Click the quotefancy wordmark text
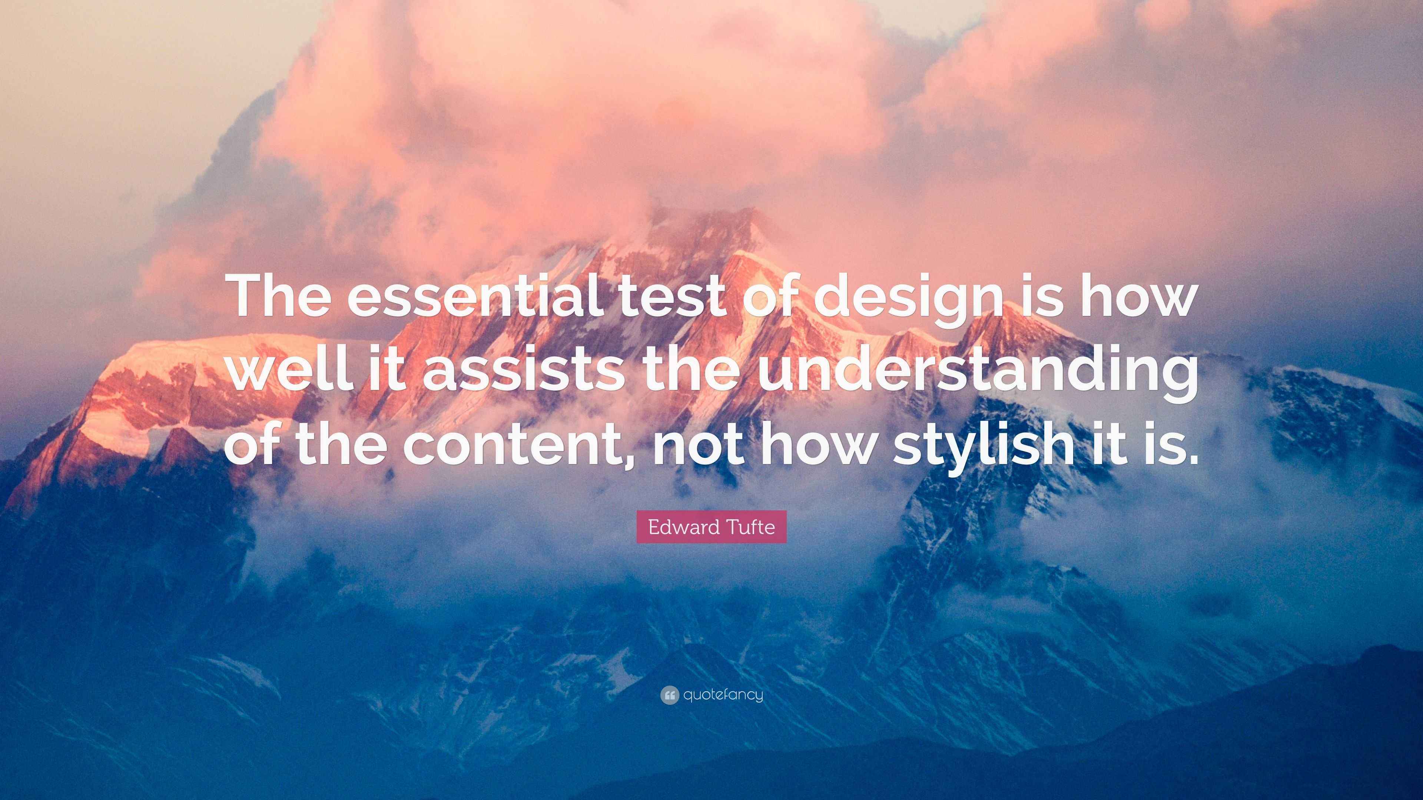(723, 695)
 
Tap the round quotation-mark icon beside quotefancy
(669, 695)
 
